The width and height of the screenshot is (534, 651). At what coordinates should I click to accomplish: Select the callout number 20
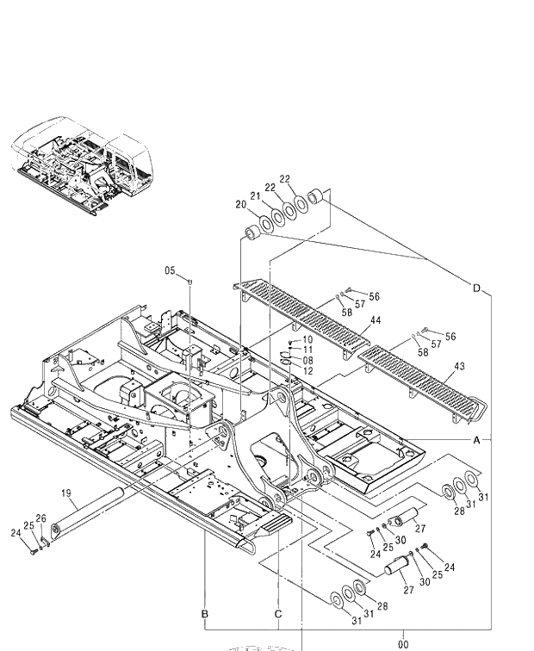tap(240, 204)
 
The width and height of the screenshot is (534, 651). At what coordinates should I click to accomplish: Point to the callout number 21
tap(255, 195)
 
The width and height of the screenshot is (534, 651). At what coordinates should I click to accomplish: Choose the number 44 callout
tap(375, 320)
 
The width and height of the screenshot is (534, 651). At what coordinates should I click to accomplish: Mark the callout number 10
tap(307, 340)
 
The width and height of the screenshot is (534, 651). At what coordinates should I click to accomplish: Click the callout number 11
tap(307, 350)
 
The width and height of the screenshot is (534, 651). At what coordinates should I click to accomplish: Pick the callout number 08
tap(307, 360)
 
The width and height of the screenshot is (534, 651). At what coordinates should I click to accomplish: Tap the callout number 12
tap(307, 370)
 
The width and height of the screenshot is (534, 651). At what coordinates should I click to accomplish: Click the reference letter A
tap(476, 439)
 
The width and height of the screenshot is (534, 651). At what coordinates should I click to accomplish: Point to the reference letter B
tap(205, 614)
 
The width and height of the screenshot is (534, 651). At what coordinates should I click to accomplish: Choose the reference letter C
tap(277, 614)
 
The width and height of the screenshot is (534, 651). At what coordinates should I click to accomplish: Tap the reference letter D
tap(476, 288)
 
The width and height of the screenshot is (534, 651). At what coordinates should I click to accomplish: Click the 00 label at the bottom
tap(403, 643)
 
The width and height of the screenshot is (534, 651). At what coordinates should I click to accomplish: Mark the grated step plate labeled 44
tap(301, 314)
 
